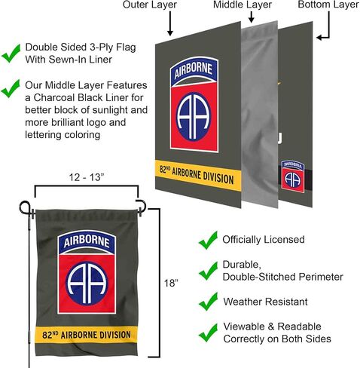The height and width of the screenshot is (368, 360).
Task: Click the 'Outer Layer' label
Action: [150, 5]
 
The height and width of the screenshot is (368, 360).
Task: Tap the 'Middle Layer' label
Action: [243, 5]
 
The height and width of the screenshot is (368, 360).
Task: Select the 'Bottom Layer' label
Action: [328, 5]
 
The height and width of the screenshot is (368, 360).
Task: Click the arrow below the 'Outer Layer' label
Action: [170, 23]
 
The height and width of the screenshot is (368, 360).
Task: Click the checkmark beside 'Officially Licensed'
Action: [208, 241]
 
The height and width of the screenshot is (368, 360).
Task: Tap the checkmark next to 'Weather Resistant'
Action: [208, 302]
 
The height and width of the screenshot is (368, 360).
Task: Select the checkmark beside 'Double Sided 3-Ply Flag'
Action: [11, 54]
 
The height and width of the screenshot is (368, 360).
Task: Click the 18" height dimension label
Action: [171, 283]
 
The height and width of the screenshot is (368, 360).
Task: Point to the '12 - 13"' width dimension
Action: [87, 177]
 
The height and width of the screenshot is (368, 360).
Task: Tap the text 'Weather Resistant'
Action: [265, 302]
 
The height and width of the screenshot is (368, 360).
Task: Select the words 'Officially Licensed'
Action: [264, 240]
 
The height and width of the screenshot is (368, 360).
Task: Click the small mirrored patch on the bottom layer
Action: [293, 176]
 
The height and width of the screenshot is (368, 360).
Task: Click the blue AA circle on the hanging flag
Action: [87, 283]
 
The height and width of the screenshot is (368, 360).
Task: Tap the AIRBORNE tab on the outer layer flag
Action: [194, 71]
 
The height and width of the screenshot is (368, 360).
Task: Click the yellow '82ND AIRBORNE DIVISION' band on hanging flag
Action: [87, 335]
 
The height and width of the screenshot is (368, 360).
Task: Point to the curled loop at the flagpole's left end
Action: [25, 207]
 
